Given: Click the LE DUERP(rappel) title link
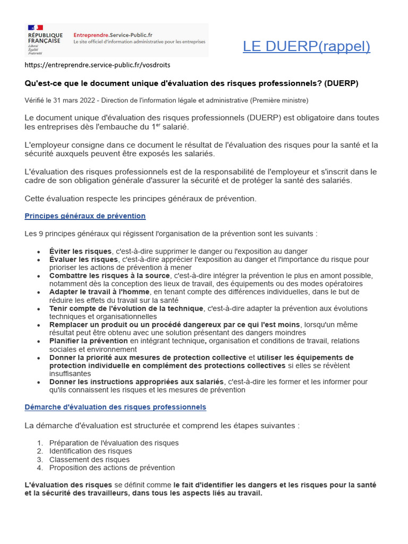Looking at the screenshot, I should (307, 46).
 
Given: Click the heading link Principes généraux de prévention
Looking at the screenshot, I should (85, 216).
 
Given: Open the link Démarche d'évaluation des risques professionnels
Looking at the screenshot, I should (115, 407).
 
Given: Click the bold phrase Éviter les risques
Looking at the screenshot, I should (80, 251).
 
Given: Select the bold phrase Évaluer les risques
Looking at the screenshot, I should (83, 259).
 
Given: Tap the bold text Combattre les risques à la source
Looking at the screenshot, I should (109, 276).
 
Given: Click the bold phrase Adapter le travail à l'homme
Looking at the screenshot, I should (99, 292).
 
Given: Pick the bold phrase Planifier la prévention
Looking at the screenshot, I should (88, 341).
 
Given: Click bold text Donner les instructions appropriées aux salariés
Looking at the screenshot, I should (137, 382).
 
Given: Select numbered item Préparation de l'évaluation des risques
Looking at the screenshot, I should (114, 443).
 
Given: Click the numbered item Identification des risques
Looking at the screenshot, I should (90, 451).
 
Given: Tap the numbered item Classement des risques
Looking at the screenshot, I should (89, 460).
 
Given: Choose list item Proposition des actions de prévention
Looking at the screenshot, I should (112, 467).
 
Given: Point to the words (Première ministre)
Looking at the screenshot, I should (277, 100).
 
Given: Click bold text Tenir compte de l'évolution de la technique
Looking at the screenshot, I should (126, 309).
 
